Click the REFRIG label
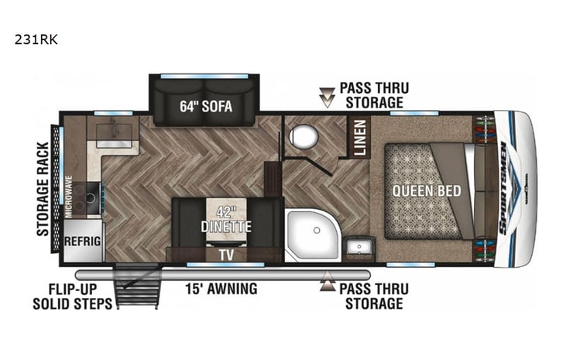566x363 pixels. tap(82, 241)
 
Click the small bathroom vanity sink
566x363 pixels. tap(358, 247)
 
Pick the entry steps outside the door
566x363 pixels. tap(135, 286)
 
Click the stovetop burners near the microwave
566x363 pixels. tap(91, 195)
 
